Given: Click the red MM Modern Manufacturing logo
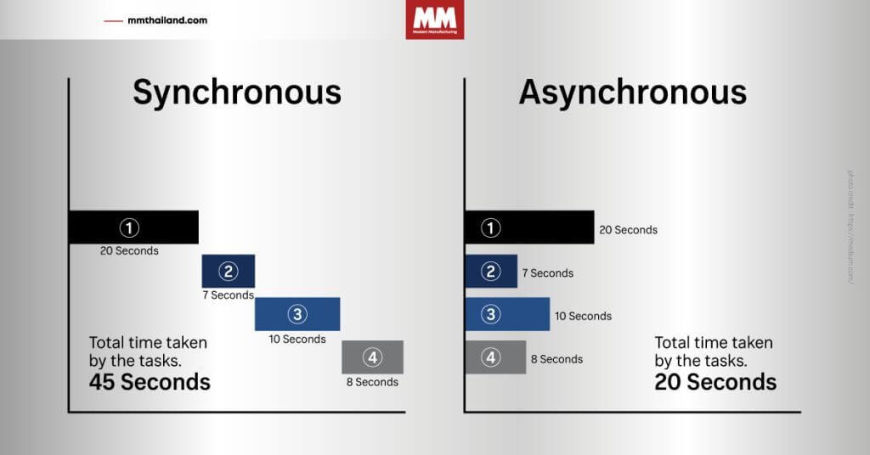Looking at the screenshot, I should pos(435,20).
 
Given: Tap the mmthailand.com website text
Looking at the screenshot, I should pos(167,20).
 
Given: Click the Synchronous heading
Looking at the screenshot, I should pos(236,93).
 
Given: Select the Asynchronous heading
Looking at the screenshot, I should pos(632,93).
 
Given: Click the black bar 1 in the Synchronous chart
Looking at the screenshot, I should pos(133,227).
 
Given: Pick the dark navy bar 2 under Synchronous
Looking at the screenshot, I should pos(228,271).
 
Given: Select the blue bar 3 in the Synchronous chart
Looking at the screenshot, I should pos(297,314).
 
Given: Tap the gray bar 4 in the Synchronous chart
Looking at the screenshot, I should pos(372,357).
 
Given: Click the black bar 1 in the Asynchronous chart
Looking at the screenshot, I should pos(529,227).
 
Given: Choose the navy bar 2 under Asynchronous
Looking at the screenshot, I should pos(491,272).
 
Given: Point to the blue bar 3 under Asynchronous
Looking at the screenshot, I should pos(507,314).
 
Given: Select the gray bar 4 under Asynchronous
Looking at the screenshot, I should pos(495,357).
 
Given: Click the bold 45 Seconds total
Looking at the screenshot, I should pos(150,382).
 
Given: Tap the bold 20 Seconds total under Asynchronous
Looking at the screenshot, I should pos(715,382).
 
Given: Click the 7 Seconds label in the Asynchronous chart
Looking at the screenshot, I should pos(548,273).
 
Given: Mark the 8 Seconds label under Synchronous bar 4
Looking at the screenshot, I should pos(372,382).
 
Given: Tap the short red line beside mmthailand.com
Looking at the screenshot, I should pos(113,20).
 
